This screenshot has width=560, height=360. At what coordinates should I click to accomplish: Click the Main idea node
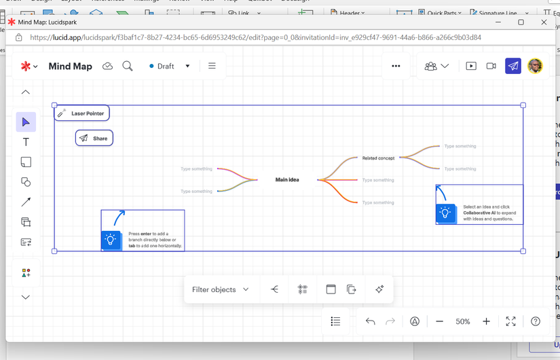tap(287, 180)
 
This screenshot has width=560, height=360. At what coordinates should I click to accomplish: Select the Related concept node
tap(378, 158)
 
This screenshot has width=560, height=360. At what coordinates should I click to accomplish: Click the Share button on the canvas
tap(94, 139)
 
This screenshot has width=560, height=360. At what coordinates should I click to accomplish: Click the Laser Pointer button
tap(82, 113)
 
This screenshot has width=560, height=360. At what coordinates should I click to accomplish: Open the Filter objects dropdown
tap(220, 289)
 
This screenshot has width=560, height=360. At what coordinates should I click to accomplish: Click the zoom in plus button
tap(486, 321)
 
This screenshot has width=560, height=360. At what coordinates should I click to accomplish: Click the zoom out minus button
tap(440, 321)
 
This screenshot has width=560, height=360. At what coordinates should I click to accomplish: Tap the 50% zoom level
tap(463, 321)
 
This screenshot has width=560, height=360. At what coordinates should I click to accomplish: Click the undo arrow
tap(370, 321)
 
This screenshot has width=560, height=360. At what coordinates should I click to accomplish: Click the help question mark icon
tap(536, 321)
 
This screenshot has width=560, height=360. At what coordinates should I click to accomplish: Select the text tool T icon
tap(26, 142)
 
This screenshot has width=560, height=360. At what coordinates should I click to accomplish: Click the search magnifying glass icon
tap(127, 66)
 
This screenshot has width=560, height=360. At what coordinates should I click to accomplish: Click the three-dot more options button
tap(396, 66)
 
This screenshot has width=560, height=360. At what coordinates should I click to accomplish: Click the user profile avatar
tap(535, 66)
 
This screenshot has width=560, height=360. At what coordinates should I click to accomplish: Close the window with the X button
tap(544, 22)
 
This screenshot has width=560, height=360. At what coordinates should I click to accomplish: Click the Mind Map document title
tap(71, 66)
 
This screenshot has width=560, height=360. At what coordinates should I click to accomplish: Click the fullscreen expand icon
tap(510, 321)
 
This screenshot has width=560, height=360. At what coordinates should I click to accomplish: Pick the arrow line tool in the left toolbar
tap(26, 202)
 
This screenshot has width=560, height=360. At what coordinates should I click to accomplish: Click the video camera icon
tap(491, 66)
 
